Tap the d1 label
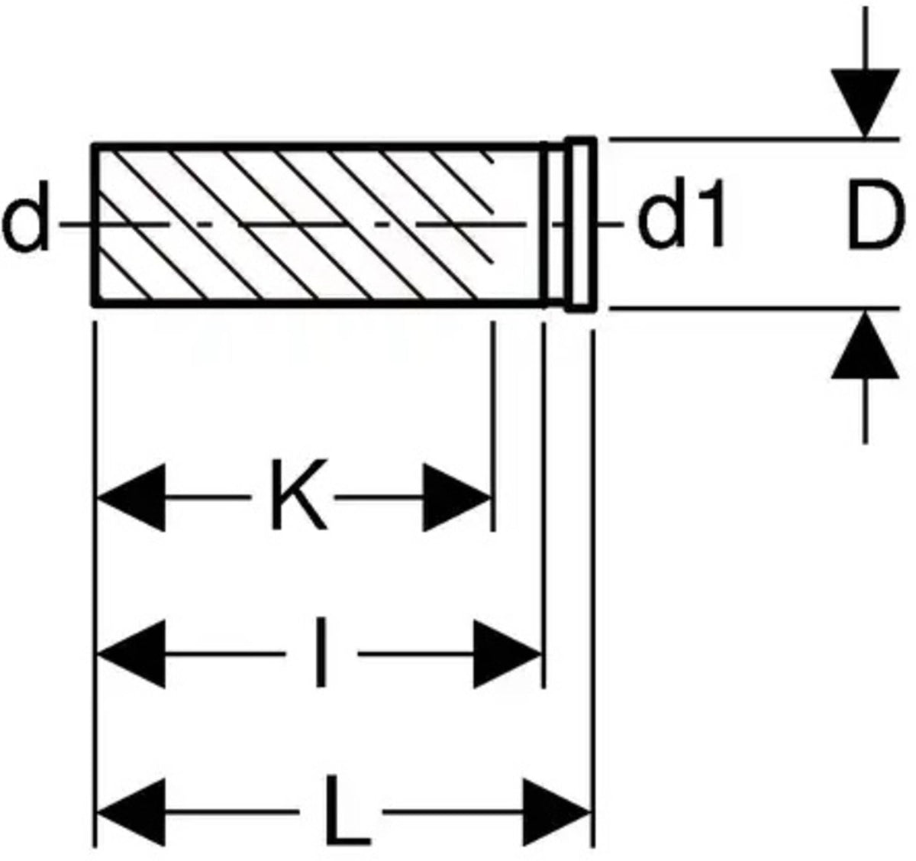pyautogui.click(x=682, y=222)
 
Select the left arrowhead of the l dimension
pyautogui.click(x=130, y=654)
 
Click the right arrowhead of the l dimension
pyautogui.click(x=508, y=654)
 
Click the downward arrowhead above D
pyautogui.click(x=864, y=103)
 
